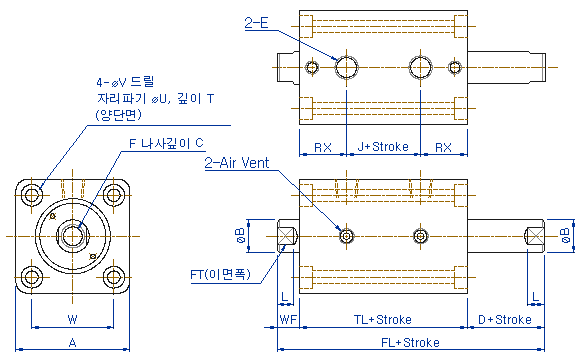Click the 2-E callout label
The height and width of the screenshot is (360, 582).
coord(256,23)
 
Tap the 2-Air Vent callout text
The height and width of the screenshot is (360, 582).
coord(237,163)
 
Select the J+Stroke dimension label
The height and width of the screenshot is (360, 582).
coord(383,147)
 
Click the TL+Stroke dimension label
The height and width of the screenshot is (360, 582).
coord(383,320)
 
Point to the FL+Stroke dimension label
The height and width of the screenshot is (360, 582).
coord(410,342)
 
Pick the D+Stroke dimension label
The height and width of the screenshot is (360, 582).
coord(505,320)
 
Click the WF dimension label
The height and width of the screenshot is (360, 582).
coord(288,320)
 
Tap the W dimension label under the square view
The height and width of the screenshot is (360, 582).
coord(72,319)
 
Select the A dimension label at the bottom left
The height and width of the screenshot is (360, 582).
coord(72,343)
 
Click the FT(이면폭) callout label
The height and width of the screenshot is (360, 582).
coord(220,274)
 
